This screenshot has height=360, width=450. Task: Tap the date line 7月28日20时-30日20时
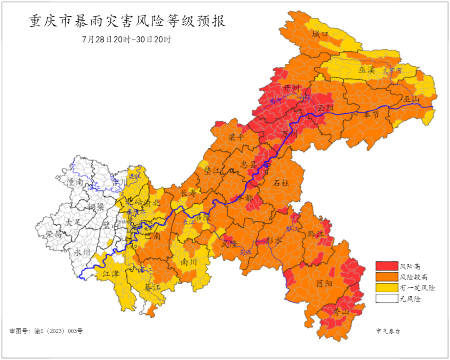127,40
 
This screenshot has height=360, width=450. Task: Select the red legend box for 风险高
387,266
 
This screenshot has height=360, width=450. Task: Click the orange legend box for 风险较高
387,277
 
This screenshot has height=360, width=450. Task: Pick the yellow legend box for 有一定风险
387,287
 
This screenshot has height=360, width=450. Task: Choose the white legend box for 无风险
387,298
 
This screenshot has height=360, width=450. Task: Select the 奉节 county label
371,115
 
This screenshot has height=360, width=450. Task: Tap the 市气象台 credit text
388,331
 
